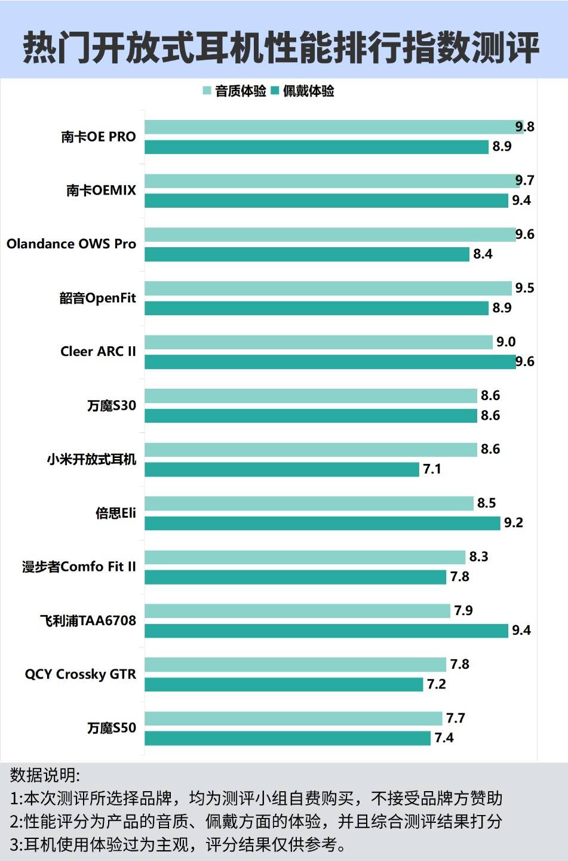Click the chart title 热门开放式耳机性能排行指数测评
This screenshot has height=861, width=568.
coord(281,47)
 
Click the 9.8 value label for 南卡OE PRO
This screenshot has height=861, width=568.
coord(525,127)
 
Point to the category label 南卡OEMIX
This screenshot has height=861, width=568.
coord(101,190)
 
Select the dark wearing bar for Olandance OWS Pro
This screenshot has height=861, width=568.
coord(306,254)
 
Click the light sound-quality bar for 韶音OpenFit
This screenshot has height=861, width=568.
coord(328,288)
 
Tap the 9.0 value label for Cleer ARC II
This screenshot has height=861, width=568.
coord(506,342)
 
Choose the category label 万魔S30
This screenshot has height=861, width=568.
coord(112,406)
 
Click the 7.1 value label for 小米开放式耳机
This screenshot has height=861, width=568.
coord(432,469)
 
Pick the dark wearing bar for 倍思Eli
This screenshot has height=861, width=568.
coord(322,523)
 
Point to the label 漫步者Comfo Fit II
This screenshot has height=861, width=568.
coord(79,567)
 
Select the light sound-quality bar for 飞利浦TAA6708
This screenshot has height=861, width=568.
coord(297,611)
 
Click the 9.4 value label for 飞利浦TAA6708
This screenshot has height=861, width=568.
coord(521,631)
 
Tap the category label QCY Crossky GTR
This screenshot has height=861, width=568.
coord(80,674)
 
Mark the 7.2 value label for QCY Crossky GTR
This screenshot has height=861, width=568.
coord(436,684)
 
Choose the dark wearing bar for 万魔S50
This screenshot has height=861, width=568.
coord(287,738)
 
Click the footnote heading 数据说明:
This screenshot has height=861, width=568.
coord(45,775)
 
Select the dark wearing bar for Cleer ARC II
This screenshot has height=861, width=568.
coord(330,362)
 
